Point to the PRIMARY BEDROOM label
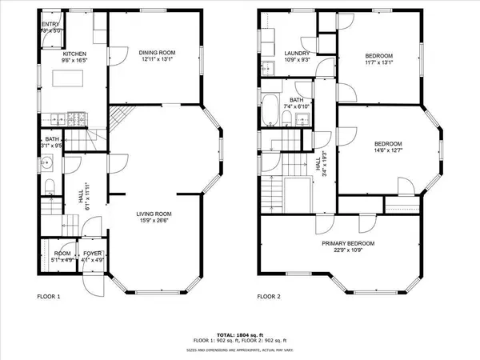[348, 243]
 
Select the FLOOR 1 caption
[49, 296]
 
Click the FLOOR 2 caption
[270, 296]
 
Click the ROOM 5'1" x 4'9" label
[62, 257]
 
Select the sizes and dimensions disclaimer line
[239, 350]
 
